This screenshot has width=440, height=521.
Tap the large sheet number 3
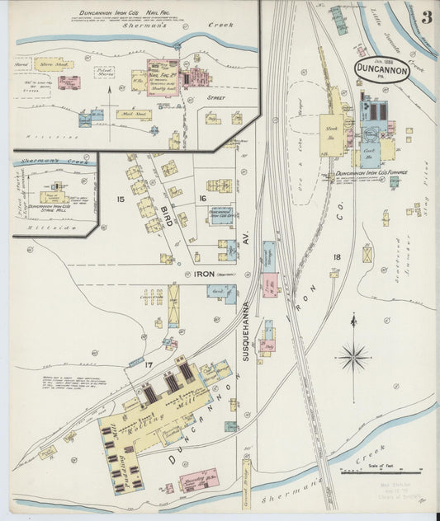click(x=426, y=17)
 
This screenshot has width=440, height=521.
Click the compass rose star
click(x=353, y=357)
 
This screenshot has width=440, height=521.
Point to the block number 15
click(x=121, y=199)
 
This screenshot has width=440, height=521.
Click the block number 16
click(x=202, y=199)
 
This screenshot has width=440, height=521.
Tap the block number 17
click(x=149, y=364)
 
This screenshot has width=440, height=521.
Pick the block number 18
click(x=336, y=258)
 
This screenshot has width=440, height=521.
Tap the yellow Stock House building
click(x=332, y=131)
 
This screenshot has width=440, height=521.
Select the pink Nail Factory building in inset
click(x=163, y=77)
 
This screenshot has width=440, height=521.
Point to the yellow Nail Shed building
click(x=133, y=115)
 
